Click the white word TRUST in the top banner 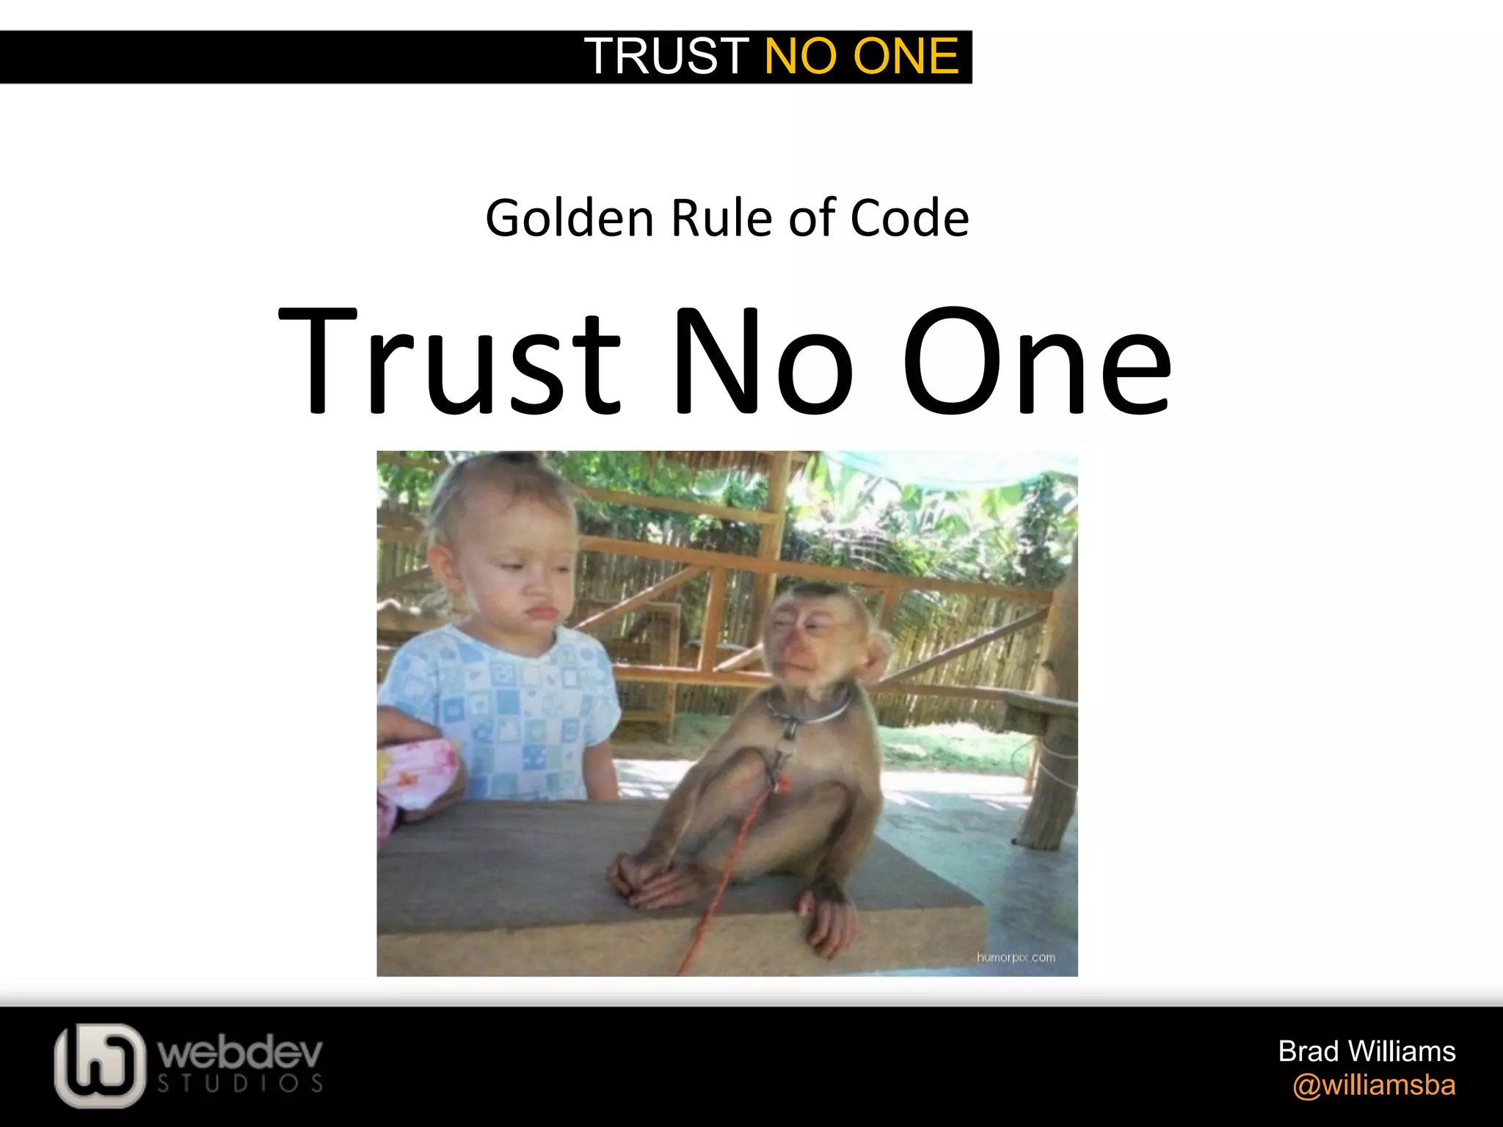(666, 56)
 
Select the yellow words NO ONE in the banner (862, 56)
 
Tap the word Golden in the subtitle (569, 219)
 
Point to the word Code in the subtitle (909, 219)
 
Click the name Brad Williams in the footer (1366, 1051)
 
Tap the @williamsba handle (1374, 1085)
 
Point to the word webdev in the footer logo (241, 1054)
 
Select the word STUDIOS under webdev (241, 1084)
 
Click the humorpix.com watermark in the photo (1016, 958)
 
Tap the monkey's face (810, 640)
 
